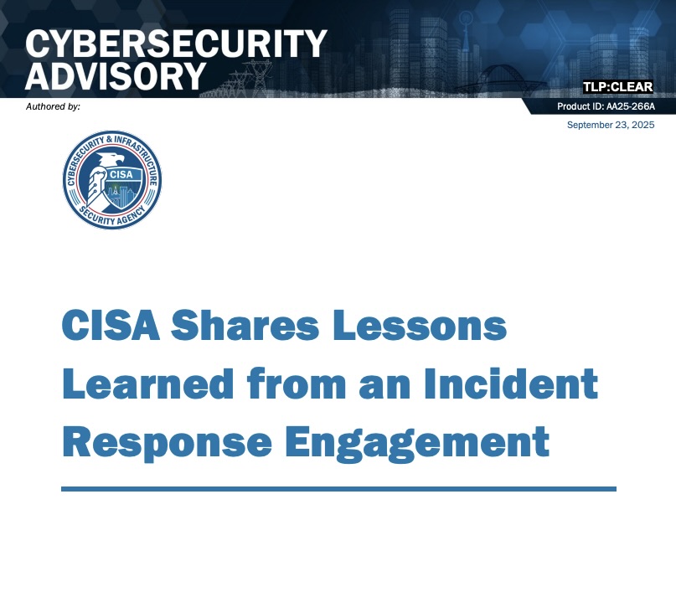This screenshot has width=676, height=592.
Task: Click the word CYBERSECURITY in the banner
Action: (x=175, y=43)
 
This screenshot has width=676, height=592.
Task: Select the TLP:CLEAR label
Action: (x=617, y=87)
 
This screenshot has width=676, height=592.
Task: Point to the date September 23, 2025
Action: (x=611, y=125)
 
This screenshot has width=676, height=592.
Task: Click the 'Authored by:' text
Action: (x=53, y=106)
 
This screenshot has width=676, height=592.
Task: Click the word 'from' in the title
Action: (x=298, y=384)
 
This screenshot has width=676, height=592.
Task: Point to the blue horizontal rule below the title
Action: (x=338, y=488)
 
